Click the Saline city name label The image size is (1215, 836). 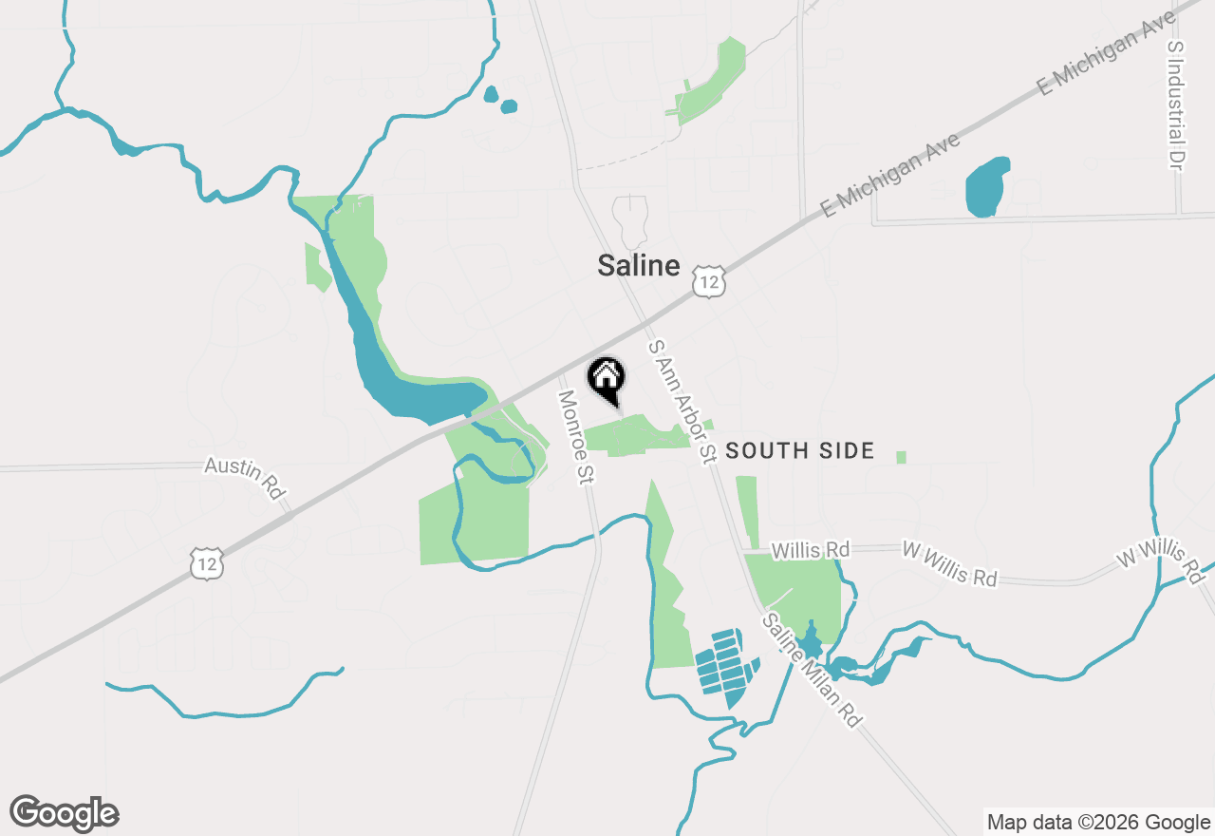click(x=638, y=266)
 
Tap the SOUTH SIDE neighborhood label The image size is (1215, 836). click(x=799, y=451)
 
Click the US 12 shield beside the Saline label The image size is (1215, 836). click(x=708, y=281)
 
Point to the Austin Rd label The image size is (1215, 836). click(x=246, y=478)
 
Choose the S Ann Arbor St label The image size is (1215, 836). click(x=681, y=402)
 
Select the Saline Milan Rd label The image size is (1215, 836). click(x=811, y=670)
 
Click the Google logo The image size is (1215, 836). click(x=65, y=813)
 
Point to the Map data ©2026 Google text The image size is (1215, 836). click(x=1097, y=823)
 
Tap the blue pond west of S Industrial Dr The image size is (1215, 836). click(x=986, y=186)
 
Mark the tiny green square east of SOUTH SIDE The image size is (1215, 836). click(x=901, y=458)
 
